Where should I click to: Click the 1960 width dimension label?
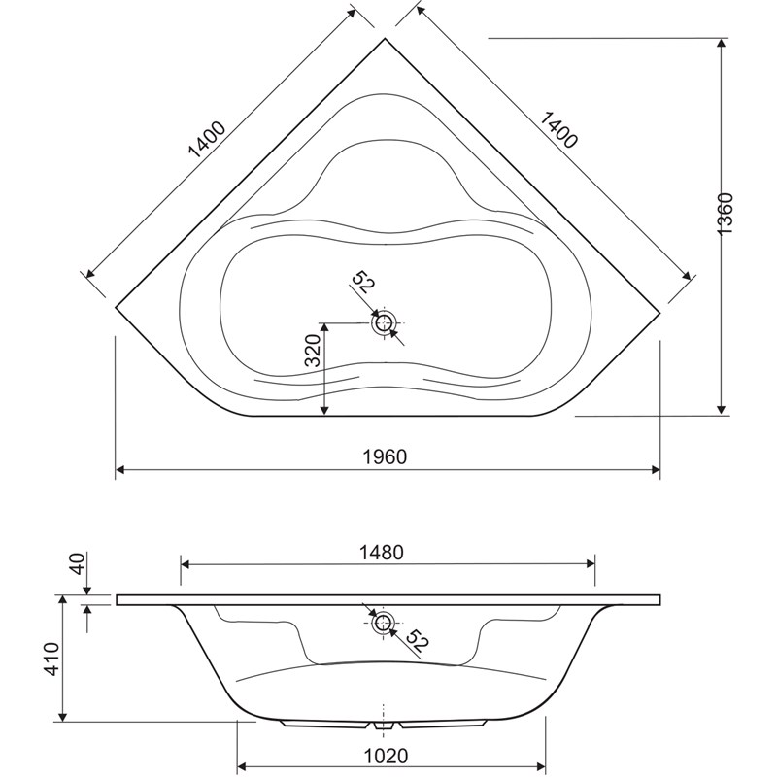[385, 456]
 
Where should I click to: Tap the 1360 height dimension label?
[726, 214]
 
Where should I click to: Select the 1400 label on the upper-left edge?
[207, 139]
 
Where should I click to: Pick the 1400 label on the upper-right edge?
[557, 130]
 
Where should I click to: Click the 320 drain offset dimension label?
[313, 351]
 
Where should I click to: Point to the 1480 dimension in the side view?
[383, 552]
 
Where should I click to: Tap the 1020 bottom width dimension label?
[386, 757]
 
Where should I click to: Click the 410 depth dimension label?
[52, 659]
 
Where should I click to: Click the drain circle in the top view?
[384, 323]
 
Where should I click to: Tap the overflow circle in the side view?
[383, 623]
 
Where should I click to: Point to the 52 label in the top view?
[363, 282]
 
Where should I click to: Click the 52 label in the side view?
[416, 641]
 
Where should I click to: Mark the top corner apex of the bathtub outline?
[386, 38]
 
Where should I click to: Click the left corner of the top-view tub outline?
[116, 308]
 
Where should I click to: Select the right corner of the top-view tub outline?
[660, 313]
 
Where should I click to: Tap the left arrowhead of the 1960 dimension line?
[120, 470]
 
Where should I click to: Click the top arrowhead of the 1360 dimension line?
[722, 43]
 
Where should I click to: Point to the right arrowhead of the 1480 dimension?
[591, 564]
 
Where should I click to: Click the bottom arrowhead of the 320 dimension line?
[324, 410]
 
